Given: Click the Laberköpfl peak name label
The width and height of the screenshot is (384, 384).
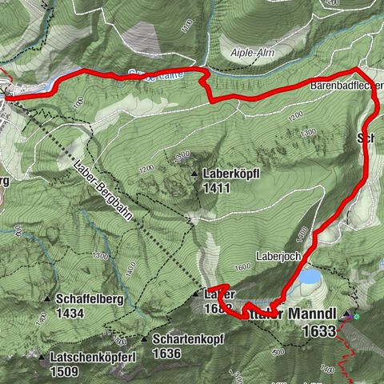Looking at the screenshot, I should click(233, 173).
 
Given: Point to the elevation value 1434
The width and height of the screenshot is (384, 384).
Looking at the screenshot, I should click(71, 314).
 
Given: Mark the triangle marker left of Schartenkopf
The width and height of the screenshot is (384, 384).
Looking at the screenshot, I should click(145, 338).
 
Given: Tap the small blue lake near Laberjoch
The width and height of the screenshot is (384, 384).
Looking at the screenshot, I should click(308, 277).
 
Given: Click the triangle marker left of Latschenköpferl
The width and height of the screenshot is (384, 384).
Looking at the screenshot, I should click(42, 355).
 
